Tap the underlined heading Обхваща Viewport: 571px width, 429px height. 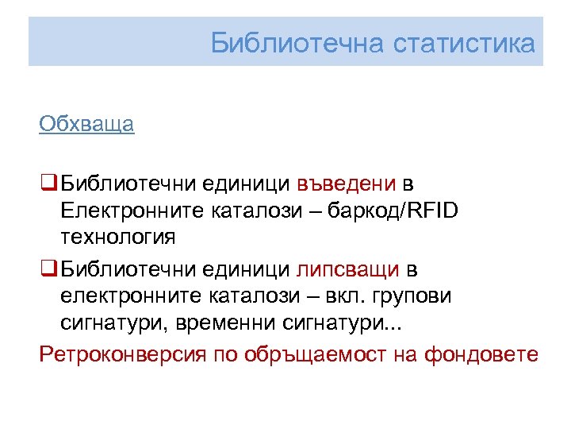86,125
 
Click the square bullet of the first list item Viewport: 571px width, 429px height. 48,185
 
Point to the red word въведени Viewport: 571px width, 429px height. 347,185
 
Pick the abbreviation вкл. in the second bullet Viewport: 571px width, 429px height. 362,296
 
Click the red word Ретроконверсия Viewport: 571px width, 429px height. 123,354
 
